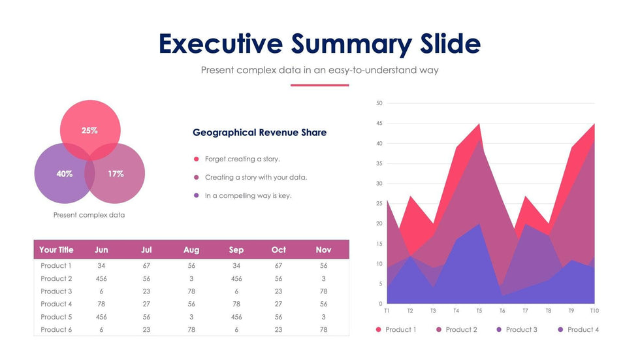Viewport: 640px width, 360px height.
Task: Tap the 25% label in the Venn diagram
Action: [x=89, y=130]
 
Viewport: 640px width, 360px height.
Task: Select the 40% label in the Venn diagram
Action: [x=65, y=174]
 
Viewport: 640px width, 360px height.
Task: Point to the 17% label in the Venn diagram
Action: [x=116, y=174]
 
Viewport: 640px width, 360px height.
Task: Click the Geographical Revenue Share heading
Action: [x=259, y=133]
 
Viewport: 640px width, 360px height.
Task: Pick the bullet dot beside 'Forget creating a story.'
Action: [x=196, y=159]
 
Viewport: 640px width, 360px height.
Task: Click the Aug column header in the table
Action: [x=191, y=250]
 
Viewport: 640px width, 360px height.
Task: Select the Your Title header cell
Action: [x=56, y=250]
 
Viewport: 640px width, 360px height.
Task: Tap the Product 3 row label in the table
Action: [x=56, y=291]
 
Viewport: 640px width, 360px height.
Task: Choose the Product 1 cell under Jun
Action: [x=101, y=266]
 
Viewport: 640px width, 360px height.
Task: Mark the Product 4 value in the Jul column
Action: [x=146, y=304]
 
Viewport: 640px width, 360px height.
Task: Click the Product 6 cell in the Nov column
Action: [x=324, y=330]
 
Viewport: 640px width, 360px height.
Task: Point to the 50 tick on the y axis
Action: [x=379, y=103]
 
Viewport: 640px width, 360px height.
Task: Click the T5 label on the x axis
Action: [x=479, y=311]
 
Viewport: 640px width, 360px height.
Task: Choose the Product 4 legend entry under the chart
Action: [x=579, y=330]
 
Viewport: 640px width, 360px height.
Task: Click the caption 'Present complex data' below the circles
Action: [x=89, y=215]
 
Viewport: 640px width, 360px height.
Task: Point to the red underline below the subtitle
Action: [x=319, y=85]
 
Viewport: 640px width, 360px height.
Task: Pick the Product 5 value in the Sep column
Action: [x=236, y=317]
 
